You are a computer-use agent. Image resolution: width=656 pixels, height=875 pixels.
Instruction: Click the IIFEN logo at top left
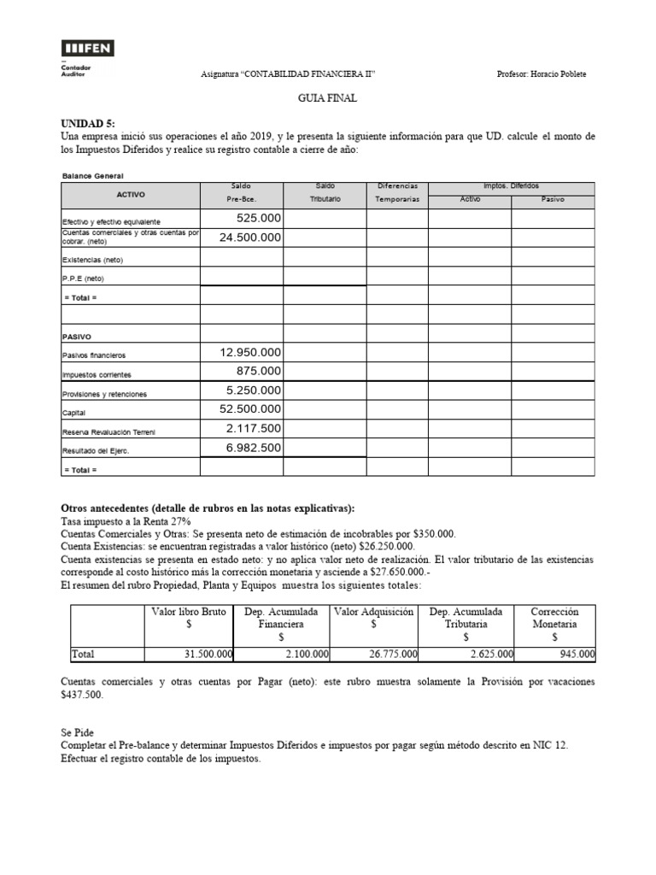88,48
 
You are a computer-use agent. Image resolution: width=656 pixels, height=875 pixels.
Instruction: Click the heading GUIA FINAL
327,99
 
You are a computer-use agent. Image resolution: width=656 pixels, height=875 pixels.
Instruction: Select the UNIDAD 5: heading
88,124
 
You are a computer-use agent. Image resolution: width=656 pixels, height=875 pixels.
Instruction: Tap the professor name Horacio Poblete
542,73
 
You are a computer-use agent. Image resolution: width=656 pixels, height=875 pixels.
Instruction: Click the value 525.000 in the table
258,219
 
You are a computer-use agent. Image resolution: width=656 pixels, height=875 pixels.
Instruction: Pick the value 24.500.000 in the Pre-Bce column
250,238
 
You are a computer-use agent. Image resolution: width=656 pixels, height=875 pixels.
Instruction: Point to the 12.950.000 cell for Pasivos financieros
250,352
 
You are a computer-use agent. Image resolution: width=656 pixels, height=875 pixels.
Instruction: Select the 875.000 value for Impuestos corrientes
258,371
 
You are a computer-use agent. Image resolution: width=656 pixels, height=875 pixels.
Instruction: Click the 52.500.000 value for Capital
250,409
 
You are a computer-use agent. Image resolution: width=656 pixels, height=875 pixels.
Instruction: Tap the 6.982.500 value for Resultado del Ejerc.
254,447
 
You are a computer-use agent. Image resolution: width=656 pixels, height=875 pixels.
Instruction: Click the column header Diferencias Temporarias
397,192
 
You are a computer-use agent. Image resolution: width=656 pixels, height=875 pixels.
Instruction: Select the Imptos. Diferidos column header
511,186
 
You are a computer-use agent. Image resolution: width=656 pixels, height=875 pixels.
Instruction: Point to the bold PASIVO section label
77,337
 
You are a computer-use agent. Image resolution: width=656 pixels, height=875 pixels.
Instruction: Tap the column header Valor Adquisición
374,612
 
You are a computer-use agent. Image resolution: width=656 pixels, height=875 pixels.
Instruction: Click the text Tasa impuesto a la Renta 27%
126,521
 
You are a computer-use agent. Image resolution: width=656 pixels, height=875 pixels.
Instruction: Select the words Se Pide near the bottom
78,732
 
